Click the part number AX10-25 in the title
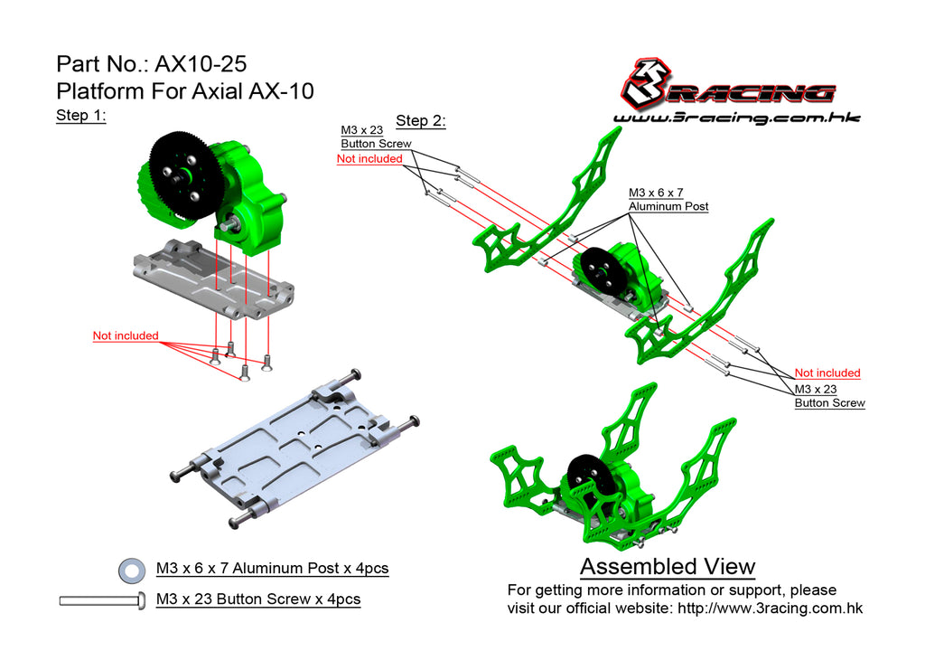(x=201, y=64)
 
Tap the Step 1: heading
(x=80, y=115)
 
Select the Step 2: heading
(x=421, y=120)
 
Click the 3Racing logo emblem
(x=647, y=84)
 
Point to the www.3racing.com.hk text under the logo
(x=737, y=118)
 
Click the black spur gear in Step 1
(x=185, y=176)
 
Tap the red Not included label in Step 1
(x=126, y=335)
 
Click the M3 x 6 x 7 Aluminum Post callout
(x=668, y=200)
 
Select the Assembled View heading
(x=668, y=567)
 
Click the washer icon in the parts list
(x=132, y=571)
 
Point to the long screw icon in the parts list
(x=102, y=600)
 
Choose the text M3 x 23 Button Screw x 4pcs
(x=258, y=599)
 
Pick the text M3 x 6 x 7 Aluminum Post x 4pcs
(x=273, y=569)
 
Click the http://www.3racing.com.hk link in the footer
(x=770, y=608)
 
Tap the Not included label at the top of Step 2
(x=369, y=159)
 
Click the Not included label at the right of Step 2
(x=827, y=373)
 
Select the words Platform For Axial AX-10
(x=184, y=91)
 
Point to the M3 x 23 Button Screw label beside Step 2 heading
(x=376, y=137)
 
